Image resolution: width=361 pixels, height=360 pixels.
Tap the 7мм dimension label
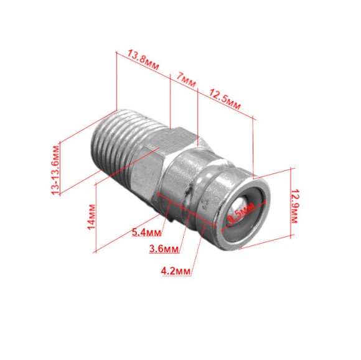click(185, 77)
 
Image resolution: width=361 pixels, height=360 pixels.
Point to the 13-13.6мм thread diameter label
click(57, 168)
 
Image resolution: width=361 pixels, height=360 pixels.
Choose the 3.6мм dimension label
click(164, 250)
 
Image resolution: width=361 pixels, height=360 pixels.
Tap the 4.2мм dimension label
click(176, 271)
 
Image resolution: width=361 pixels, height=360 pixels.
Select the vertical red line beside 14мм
click(95, 218)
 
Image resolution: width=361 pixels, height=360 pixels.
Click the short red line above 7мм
click(184, 84)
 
